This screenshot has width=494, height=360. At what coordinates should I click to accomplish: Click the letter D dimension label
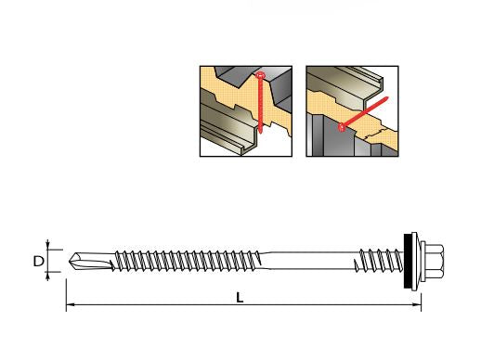tap(39, 262)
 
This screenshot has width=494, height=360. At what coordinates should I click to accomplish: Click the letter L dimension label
tap(240, 298)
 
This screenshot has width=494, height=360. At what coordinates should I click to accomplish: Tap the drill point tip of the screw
tap(70, 262)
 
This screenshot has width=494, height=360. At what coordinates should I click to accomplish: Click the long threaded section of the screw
tap(188, 261)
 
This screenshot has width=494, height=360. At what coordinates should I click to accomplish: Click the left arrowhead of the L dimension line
tap(70, 304)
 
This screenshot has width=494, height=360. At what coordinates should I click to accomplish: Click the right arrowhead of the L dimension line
tap(417, 304)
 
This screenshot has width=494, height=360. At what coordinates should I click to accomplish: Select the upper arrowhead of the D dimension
tap(47, 245)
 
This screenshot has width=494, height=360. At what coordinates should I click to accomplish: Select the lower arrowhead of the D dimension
tap(47, 276)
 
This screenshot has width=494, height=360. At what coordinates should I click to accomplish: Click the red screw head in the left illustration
tap(260, 75)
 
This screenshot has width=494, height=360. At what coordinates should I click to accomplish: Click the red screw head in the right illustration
tap(342, 127)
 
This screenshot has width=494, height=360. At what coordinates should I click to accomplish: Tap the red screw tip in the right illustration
tap(386, 98)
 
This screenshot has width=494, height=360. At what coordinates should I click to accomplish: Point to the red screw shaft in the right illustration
tap(364, 113)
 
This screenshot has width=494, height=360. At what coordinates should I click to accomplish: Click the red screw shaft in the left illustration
tap(260, 103)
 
